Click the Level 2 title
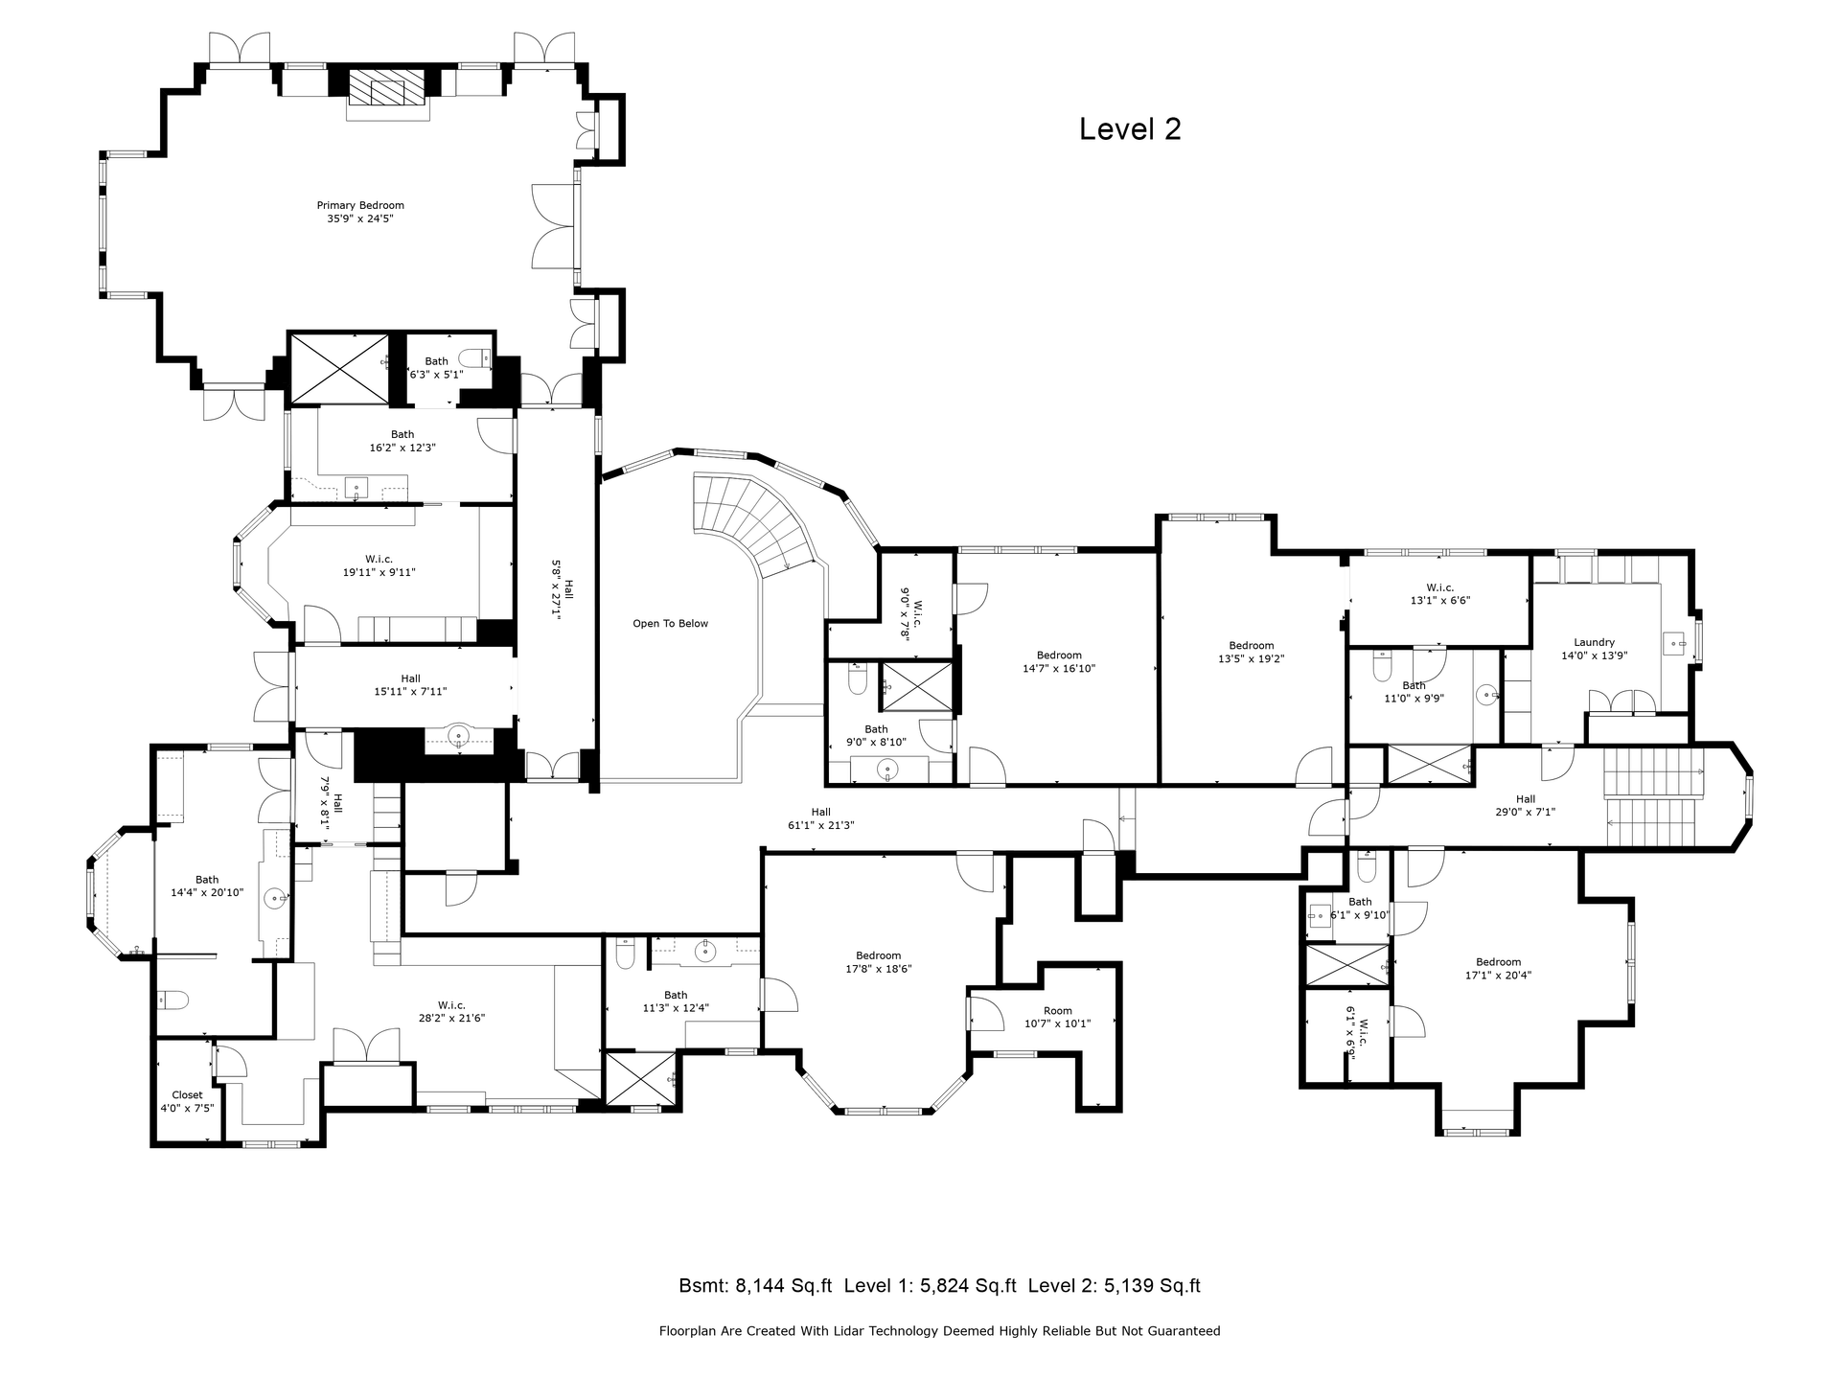1130,129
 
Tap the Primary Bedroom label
360,212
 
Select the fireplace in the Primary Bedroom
388,94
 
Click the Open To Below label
670,624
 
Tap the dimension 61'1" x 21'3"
820,825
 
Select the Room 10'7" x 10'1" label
1058,1017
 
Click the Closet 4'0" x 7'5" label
187,1101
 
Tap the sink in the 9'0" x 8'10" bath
888,769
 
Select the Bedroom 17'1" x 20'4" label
1498,969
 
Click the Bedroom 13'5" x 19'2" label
1251,653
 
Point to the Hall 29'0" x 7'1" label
1526,805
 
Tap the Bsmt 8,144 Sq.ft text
755,1286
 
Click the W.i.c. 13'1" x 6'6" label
1439,594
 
